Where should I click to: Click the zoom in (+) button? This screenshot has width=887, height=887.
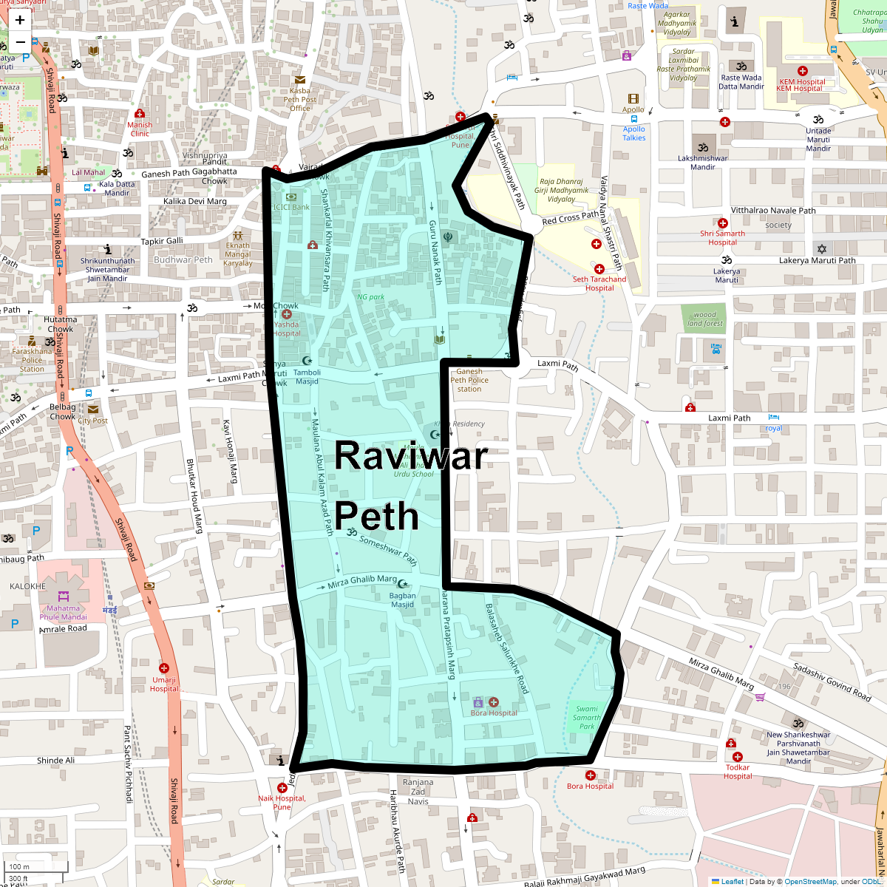pyautogui.click(x=20, y=20)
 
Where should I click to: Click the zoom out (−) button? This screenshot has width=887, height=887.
pyautogui.click(x=20, y=42)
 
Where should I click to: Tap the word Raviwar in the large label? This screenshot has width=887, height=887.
pyautogui.click(x=411, y=455)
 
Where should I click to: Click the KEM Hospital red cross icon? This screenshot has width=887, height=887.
pyautogui.click(x=803, y=71)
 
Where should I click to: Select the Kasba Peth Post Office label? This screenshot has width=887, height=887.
pyautogui.click(x=299, y=100)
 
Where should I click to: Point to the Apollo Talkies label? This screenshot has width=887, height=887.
pyautogui.click(x=634, y=133)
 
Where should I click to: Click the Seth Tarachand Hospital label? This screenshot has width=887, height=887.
pyautogui.click(x=599, y=284)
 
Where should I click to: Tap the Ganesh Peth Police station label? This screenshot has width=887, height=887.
pyautogui.click(x=469, y=381)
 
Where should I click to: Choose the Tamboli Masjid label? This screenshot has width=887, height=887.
pyautogui.click(x=307, y=377)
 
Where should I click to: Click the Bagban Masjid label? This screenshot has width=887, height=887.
pyautogui.click(x=403, y=600)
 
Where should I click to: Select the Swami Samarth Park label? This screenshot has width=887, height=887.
pyautogui.click(x=587, y=717)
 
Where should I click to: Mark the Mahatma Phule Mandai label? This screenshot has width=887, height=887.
pyautogui.click(x=64, y=613)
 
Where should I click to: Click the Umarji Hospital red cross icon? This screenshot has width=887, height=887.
pyautogui.click(x=164, y=668)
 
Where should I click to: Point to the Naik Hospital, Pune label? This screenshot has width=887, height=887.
pyautogui.click(x=282, y=802)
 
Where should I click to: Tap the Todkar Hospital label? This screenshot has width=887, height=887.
pyautogui.click(x=738, y=772)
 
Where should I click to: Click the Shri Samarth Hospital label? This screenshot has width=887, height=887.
pyautogui.click(x=722, y=238)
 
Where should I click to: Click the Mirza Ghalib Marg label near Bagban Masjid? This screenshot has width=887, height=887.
pyautogui.click(x=362, y=582)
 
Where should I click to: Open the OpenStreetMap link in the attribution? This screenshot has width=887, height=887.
pyautogui.click(x=811, y=881)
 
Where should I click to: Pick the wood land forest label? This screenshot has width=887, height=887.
pyautogui.click(x=704, y=319)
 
